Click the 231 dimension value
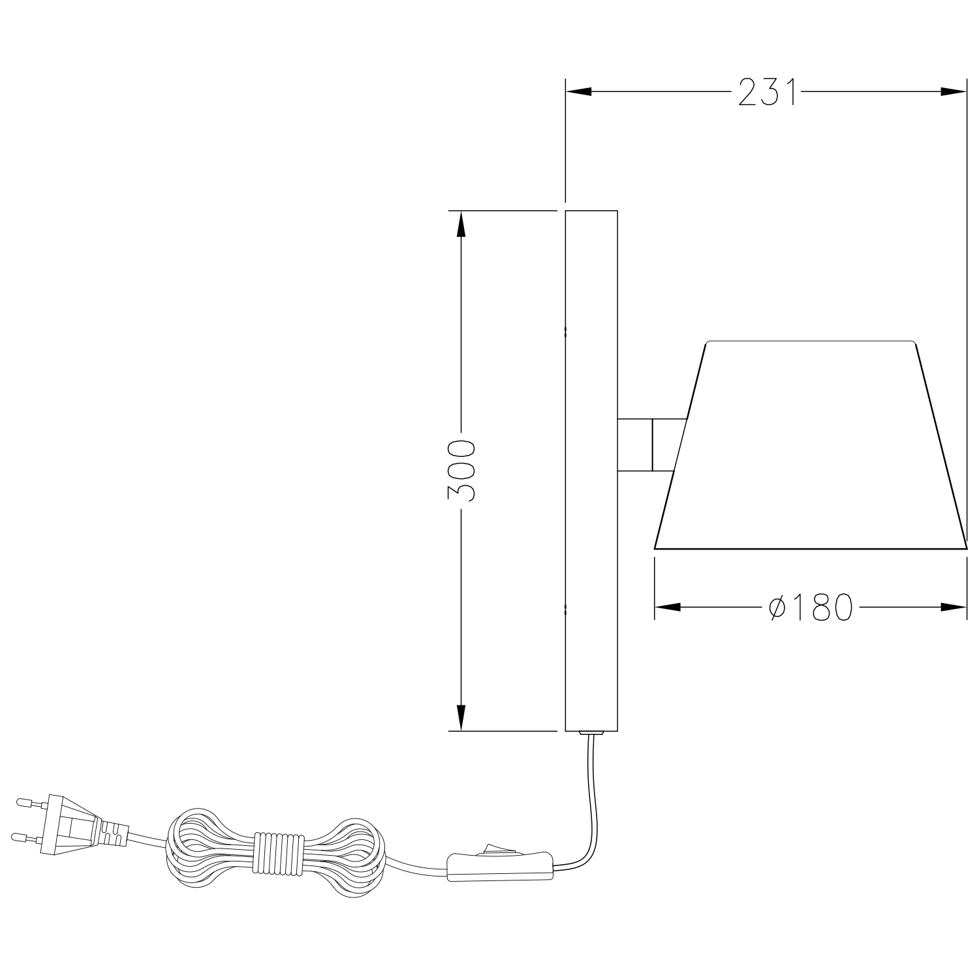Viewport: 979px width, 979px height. [768, 92]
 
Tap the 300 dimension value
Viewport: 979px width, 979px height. [461, 471]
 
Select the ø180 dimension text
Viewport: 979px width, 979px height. [811, 608]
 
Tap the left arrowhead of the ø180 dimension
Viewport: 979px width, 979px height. [668, 608]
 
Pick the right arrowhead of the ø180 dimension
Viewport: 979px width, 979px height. [954, 608]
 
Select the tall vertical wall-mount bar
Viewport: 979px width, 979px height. [591, 470]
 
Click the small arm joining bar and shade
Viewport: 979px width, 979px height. [649, 444]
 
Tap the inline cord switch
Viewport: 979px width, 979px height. [500, 867]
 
